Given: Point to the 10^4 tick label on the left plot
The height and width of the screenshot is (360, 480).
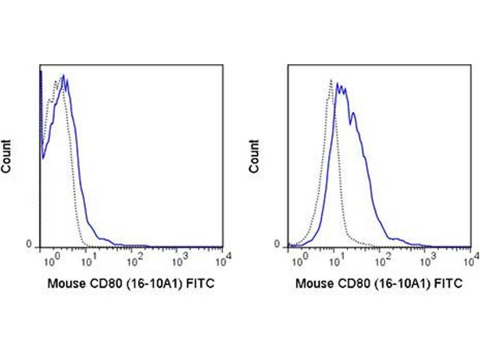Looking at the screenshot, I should point(223,260).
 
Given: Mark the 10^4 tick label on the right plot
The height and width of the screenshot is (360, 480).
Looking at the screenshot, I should point(471,260).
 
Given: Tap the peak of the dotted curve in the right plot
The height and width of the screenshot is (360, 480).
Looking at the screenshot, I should point(331,80).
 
